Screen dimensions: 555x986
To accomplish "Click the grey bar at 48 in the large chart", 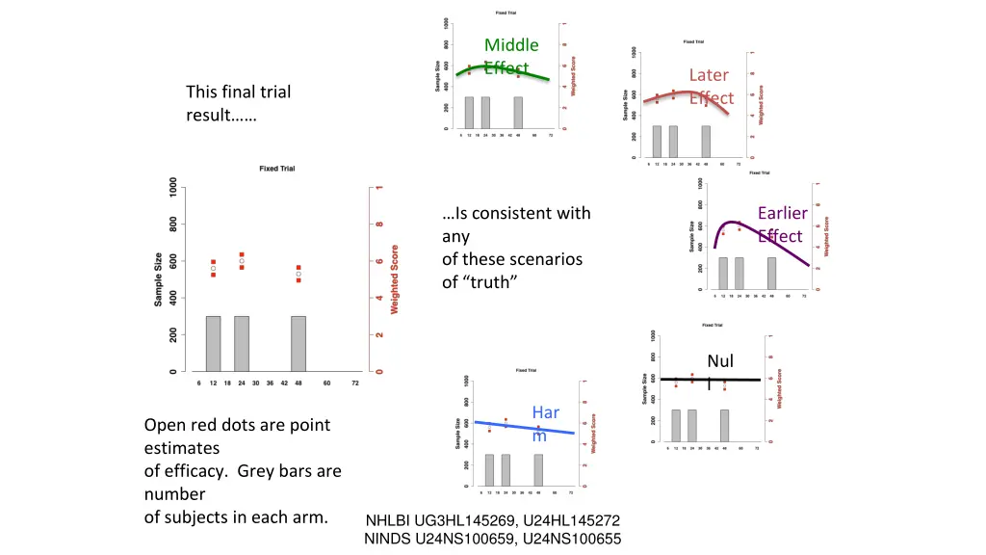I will (x=298, y=343).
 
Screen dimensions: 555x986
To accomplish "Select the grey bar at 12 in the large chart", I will (x=213, y=343).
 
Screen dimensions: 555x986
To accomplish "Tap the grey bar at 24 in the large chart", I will (x=242, y=343).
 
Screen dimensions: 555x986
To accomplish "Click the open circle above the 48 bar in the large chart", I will (x=298, y=274).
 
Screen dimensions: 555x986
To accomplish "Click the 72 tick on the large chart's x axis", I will (x=355, y=383).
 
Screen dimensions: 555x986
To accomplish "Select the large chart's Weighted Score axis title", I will (x=394, y=277).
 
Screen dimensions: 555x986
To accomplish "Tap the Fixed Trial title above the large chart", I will (x=276, y=169).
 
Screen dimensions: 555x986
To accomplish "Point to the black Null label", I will (x=719, y=362).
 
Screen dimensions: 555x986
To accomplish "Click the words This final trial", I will (x=238, y=92).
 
